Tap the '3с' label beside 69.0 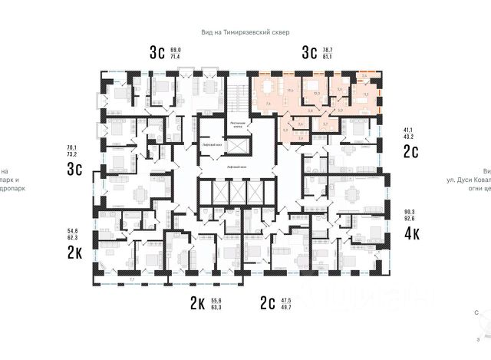[x=157, y=52]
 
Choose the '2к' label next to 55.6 [x=197, y=304]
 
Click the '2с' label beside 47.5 [x=269, y=304]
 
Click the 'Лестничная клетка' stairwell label [x=238, y=124]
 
